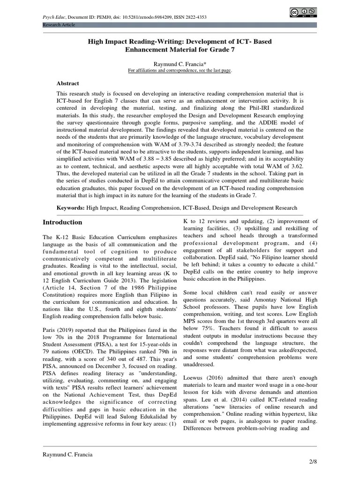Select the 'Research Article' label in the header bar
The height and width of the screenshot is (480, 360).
point(59,25)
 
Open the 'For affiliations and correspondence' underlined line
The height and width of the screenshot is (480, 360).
point(180,70)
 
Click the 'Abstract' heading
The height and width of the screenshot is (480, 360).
point(68,83)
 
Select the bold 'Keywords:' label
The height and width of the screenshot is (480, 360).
point(70,207)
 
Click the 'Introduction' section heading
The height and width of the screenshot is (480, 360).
point(62,222)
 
